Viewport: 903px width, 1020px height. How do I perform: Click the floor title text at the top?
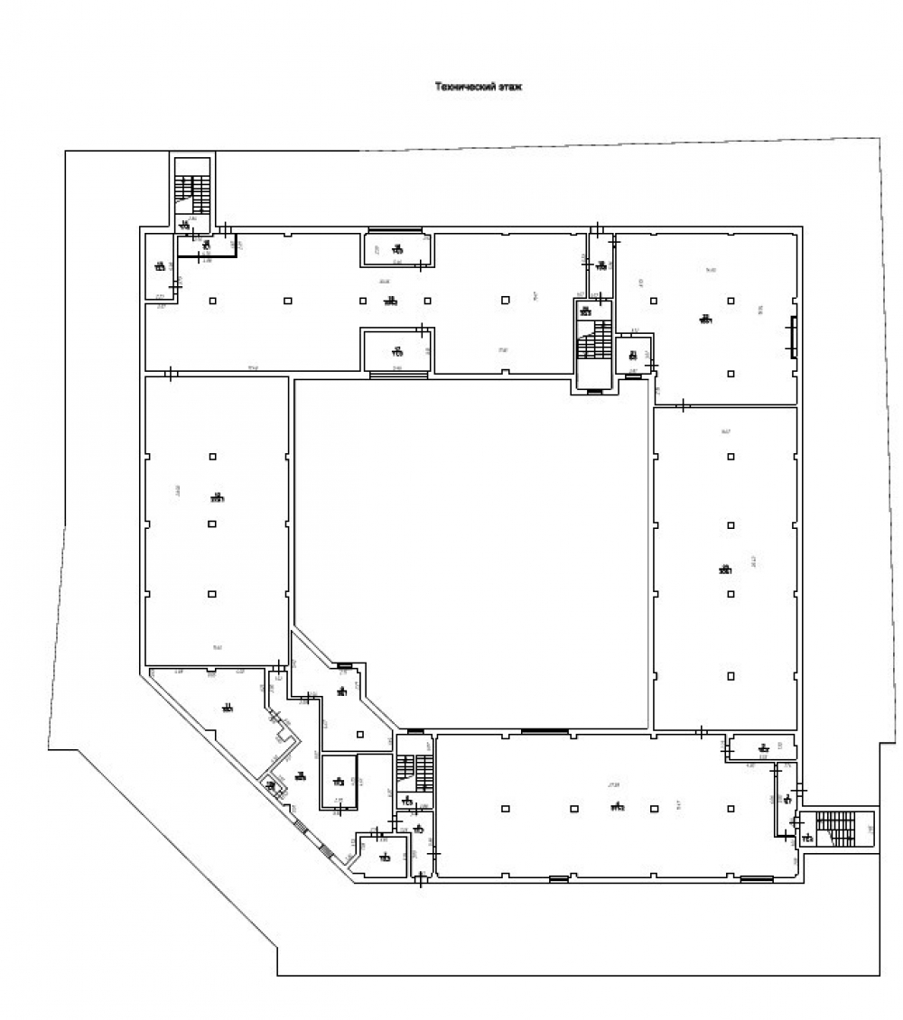tap(479, 88)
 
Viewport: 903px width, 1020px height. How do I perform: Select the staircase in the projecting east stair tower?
tap(834, 830)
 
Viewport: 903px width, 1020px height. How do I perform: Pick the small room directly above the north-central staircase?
tap(600, 265)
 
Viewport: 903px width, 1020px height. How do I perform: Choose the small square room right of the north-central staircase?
tap(633, 355)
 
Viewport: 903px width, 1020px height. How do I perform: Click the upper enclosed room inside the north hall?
tap(396, 249)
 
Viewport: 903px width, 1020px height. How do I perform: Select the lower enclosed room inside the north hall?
tap(396, 350)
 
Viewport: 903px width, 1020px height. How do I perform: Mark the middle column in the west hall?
tap(212, 523)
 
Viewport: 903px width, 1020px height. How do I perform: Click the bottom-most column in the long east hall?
tap(730, 675)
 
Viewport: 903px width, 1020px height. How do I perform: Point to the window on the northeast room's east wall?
tap(795, 336)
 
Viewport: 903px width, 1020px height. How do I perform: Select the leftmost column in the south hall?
tap(505, 808)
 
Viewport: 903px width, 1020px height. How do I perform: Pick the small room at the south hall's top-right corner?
tap(763, 747)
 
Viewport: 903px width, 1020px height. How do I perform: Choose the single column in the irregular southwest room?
tap(359, 733)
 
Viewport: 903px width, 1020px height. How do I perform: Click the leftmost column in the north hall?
tap(212, 301)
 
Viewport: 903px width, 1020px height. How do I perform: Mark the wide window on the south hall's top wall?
tap(544, 731)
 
